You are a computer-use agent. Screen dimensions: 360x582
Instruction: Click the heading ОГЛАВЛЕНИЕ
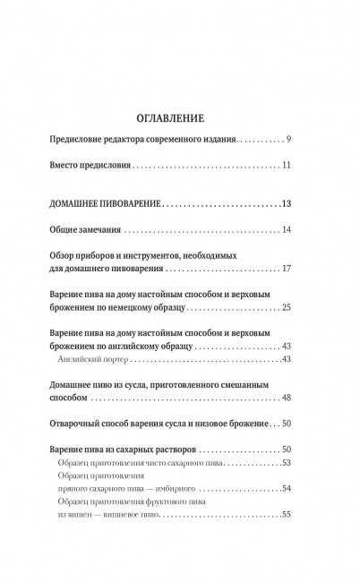(x=180, y=116)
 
